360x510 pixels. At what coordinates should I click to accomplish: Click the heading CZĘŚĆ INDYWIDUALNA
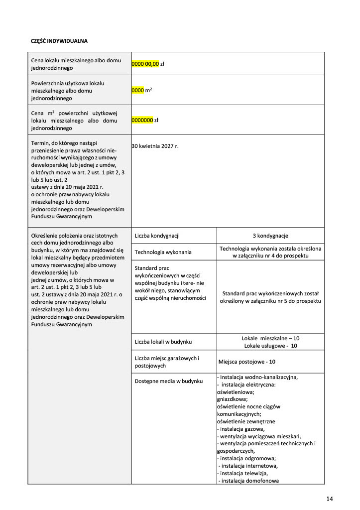coord(59,40)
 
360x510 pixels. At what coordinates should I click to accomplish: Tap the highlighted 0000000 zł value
coord(145,120)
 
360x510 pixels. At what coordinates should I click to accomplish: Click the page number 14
coord(330,499)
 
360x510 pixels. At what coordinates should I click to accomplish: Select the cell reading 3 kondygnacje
coord(270,236)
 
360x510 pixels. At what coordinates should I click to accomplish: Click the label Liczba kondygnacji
coord(157,236)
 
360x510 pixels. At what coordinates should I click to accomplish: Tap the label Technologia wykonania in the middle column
coord(163,252)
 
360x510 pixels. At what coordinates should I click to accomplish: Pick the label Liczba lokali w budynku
coord(163,342)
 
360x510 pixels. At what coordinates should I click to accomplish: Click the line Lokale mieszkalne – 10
coord(270,338)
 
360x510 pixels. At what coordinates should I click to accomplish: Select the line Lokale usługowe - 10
coord(270,346)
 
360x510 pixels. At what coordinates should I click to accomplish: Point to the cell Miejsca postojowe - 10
coord(247,362)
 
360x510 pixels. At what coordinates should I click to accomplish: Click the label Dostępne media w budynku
coord(169,381)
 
